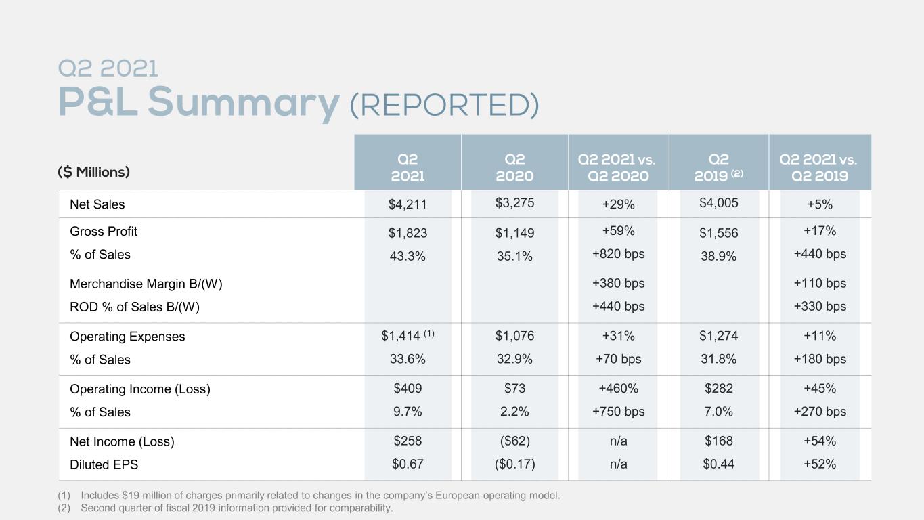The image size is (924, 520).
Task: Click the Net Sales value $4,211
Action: click(x=408, y=204)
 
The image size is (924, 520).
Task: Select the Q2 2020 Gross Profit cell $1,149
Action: click(x=514, y=233)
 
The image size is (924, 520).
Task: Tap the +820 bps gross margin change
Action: click(x=618, y=254)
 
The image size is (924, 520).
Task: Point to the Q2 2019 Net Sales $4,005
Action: click(x=719, y=202)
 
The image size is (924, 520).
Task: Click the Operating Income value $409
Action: click(x=408, y=389)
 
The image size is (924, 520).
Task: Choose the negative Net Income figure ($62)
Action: click(x=514, y=441)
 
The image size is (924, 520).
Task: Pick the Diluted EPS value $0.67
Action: click(x=408, y=464)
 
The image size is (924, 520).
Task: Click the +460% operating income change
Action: click(x=618, y=389)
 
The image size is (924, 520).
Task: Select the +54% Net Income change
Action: click(x=820, y=441)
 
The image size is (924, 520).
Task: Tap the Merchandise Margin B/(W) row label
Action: click(x=146, y=284)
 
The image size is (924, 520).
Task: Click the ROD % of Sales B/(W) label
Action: click(x=135, y=307)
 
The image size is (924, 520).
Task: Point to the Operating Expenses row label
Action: click(x=127, y=337)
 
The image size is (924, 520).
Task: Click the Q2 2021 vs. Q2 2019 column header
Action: click(x=819, y=167)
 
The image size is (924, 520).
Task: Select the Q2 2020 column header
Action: click(x=514, y=167)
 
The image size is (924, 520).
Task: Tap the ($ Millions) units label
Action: click(x=93, y=172)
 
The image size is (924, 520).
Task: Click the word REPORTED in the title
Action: click(x=444, y=105)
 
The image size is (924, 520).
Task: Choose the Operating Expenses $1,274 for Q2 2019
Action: click(x=719, y=336)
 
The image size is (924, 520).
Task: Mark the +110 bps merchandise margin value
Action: click(x=820, y=284)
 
